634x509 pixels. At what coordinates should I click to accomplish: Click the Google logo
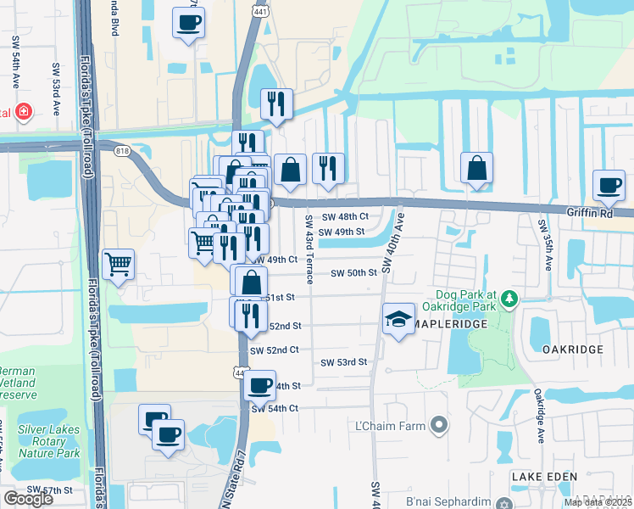[x=28, y=499]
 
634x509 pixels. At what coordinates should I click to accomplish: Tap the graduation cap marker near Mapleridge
[x=398, y=320]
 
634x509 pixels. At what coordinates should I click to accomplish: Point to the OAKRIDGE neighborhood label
[x=572, y=350]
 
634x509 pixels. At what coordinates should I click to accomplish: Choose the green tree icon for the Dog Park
[x=509, y=298]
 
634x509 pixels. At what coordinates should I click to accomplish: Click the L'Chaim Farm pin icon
[x=438, y=424]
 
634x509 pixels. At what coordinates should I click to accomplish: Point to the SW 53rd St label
[x=343, y=362]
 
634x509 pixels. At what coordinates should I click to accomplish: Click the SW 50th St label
[x=353, y=273]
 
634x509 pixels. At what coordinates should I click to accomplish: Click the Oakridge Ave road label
[x=538, y=416]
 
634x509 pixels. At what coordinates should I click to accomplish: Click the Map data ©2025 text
[x=598, y=502]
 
